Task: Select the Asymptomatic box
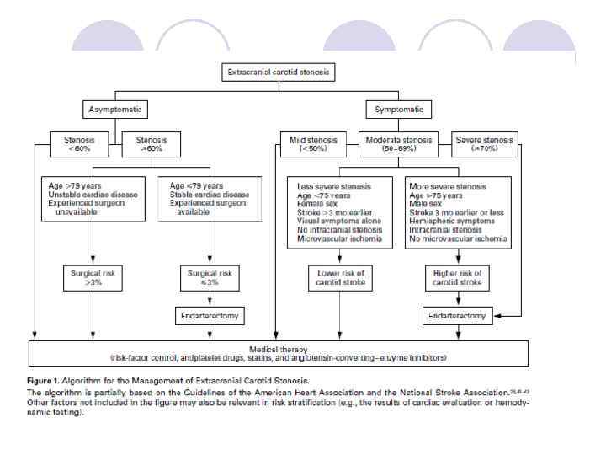click(x=116, y=110)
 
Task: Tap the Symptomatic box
click(x=399, y=110)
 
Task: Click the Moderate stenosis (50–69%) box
click(x=399, y=144)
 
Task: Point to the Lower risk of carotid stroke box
click(x=339, y=277)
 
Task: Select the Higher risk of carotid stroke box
click(x=458, y=277)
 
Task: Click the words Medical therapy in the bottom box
click(x=279, y=349)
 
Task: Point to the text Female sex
click(x=317, y=203)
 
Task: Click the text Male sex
click(x=428, y=203)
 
